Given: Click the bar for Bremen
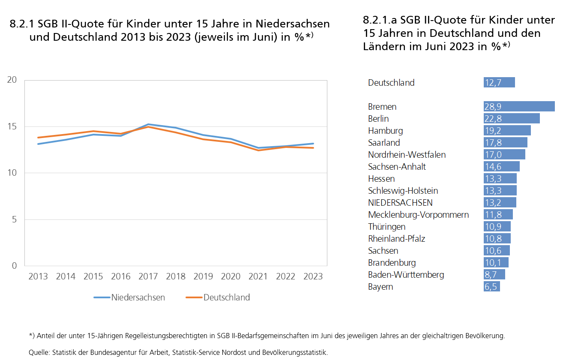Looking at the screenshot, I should coord(519,107).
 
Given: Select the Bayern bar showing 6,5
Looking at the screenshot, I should coord(491,287).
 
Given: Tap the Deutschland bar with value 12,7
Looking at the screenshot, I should coord(499,83).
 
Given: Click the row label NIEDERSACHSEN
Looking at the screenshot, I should coord(400,203).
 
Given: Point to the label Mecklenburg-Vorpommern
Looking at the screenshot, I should coord(418,215).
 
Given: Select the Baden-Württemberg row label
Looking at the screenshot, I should coord(406,275).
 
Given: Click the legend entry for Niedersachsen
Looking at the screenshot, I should coord(138,297).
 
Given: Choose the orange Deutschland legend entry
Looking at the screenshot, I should coord(226,297).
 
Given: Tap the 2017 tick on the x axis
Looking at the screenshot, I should coord(148,276).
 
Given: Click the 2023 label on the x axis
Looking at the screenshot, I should coord(313,276).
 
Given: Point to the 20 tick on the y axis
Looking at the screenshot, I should coord(12,80).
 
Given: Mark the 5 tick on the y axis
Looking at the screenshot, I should coord(15,219).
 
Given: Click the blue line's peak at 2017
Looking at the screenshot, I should coord(148,124).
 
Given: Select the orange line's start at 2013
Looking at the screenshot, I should coord(38,138).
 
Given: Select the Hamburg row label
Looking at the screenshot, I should coord(385,131).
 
